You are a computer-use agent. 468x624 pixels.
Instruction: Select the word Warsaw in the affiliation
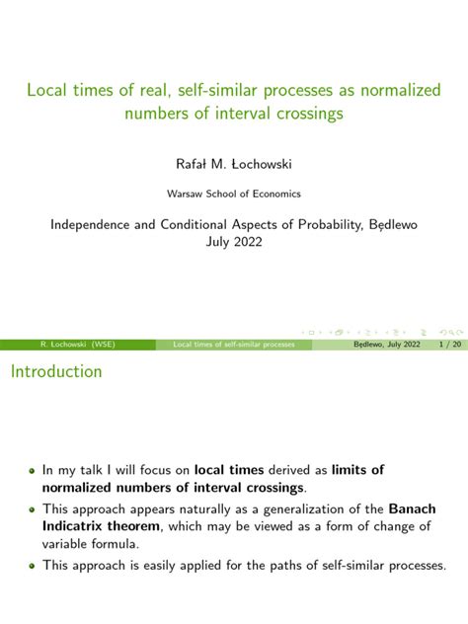[x=184, y=194]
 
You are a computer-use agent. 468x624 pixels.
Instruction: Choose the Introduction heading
[x=56, y=371]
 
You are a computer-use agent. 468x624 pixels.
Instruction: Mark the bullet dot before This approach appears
[x=32, y=510]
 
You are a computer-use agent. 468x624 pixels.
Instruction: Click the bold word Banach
[x=413, y=508]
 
